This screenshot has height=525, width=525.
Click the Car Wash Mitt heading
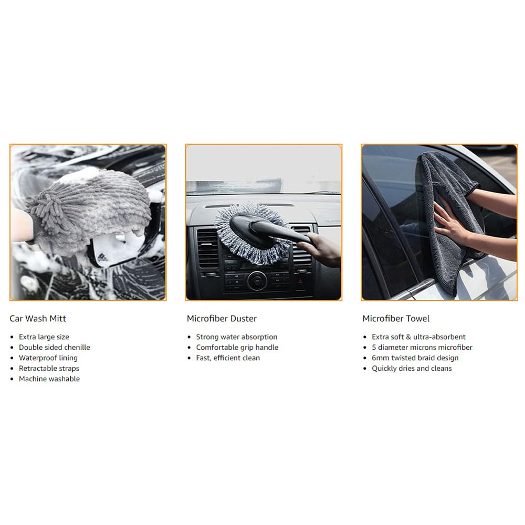coord(38,319)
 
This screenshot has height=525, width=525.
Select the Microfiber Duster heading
coord(222,319)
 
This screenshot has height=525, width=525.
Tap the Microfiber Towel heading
coord(396,319)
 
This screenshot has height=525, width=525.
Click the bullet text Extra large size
coord(44,337)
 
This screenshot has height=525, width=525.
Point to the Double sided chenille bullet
coord(54,347)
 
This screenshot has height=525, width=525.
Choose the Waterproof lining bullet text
coord(48,358)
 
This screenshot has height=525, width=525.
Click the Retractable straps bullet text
coord(49,369)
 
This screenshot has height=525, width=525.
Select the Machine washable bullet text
coord(49,379)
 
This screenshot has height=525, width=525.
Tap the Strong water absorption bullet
coord(237,337)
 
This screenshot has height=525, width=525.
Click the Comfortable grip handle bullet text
coord(237,348)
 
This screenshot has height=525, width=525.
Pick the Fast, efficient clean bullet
coord(228,358)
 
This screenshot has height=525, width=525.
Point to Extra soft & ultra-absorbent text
coord(418,337)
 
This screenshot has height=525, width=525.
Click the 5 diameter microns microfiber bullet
coord(422,347)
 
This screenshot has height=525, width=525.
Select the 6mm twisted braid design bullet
coord(415,358)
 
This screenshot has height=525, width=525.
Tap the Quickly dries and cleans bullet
coord(412,369)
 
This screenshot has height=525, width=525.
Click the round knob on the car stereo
coord(257,280)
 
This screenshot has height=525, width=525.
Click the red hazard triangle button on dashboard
coord(300,282)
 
